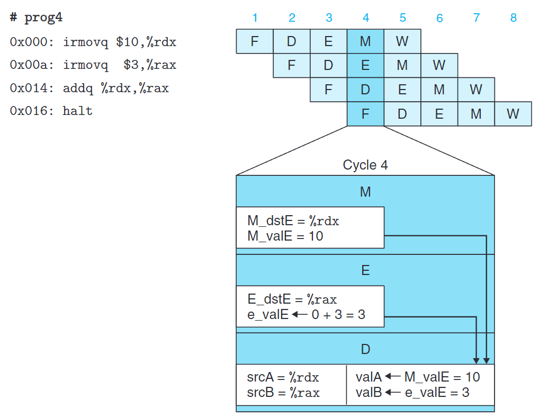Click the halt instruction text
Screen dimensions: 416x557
tap(78, 111)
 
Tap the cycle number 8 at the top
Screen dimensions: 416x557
tap(513, 18)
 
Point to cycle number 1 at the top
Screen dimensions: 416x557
tap(255, 18)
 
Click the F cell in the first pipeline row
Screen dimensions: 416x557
tap(255, 41)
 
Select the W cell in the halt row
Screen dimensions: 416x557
tap(513, 114)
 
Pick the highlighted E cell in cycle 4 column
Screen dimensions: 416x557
tap(365, 65)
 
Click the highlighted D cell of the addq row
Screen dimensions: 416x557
tap(365, 90)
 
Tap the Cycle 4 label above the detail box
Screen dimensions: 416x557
tap(365, 165)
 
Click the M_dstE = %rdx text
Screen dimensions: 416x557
tap(293, 221)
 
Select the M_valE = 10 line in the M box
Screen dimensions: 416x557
tap(285, 236)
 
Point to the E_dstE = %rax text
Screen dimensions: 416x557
tap(292, 300)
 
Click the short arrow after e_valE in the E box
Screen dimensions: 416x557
tap(300, 315)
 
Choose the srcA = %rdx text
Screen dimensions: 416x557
tap(283, 377)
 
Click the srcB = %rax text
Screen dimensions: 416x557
tap(283, 393)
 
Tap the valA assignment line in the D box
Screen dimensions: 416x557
tap(418, 377)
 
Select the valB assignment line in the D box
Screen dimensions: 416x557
tap(412, 393)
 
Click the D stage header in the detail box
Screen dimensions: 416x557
tap(365, 349)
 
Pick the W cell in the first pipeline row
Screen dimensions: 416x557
tap(402, 41)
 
